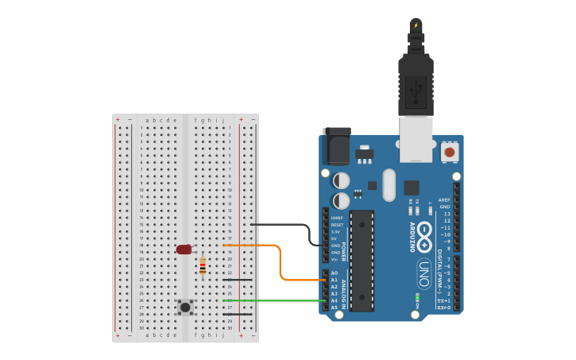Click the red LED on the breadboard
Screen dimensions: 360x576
point(184,250)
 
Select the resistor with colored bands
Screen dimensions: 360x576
point(203,266)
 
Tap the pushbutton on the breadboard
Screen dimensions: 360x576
point(185,306)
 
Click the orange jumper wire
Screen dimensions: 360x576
point(280,262)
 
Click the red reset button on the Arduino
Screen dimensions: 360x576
point(450,151)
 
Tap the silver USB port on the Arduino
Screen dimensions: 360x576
point(416,139)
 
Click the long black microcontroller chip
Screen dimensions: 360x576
point(361,260)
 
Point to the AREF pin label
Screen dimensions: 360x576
point(444,199)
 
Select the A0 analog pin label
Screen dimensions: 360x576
point(334,273)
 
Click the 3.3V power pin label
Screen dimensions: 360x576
point(336,231)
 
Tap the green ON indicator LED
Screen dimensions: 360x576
point(417,297)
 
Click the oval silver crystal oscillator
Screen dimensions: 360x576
point(389,184)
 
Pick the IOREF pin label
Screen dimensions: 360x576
point(338,217)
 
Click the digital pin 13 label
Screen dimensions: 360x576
point(446,214)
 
